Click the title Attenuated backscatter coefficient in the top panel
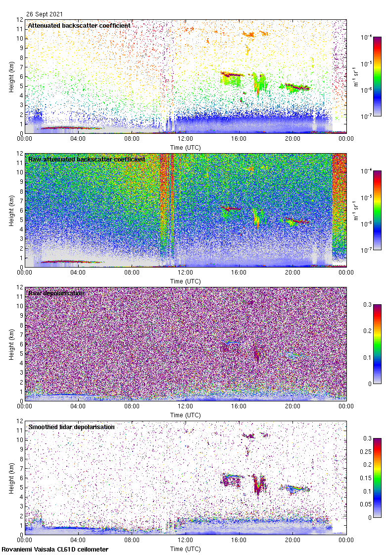(79, 25)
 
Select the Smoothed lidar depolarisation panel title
(71, 427)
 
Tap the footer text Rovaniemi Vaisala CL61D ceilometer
(55, 549)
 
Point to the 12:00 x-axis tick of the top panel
(186, 138)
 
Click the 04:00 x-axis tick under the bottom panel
(78, 540)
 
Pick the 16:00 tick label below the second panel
(239, 272)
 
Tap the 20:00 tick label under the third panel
(292, 406)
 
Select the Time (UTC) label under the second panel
(186, 281)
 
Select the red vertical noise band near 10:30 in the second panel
(165, 208)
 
